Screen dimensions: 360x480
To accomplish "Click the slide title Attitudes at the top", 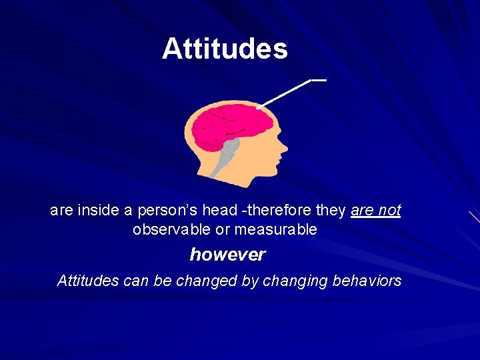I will point(225,49).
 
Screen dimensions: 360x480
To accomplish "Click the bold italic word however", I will point(227,255).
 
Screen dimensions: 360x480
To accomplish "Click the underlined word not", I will point(389,211).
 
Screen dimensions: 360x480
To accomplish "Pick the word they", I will point(331,211).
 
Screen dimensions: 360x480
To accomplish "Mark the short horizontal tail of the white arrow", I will point(319,80).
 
